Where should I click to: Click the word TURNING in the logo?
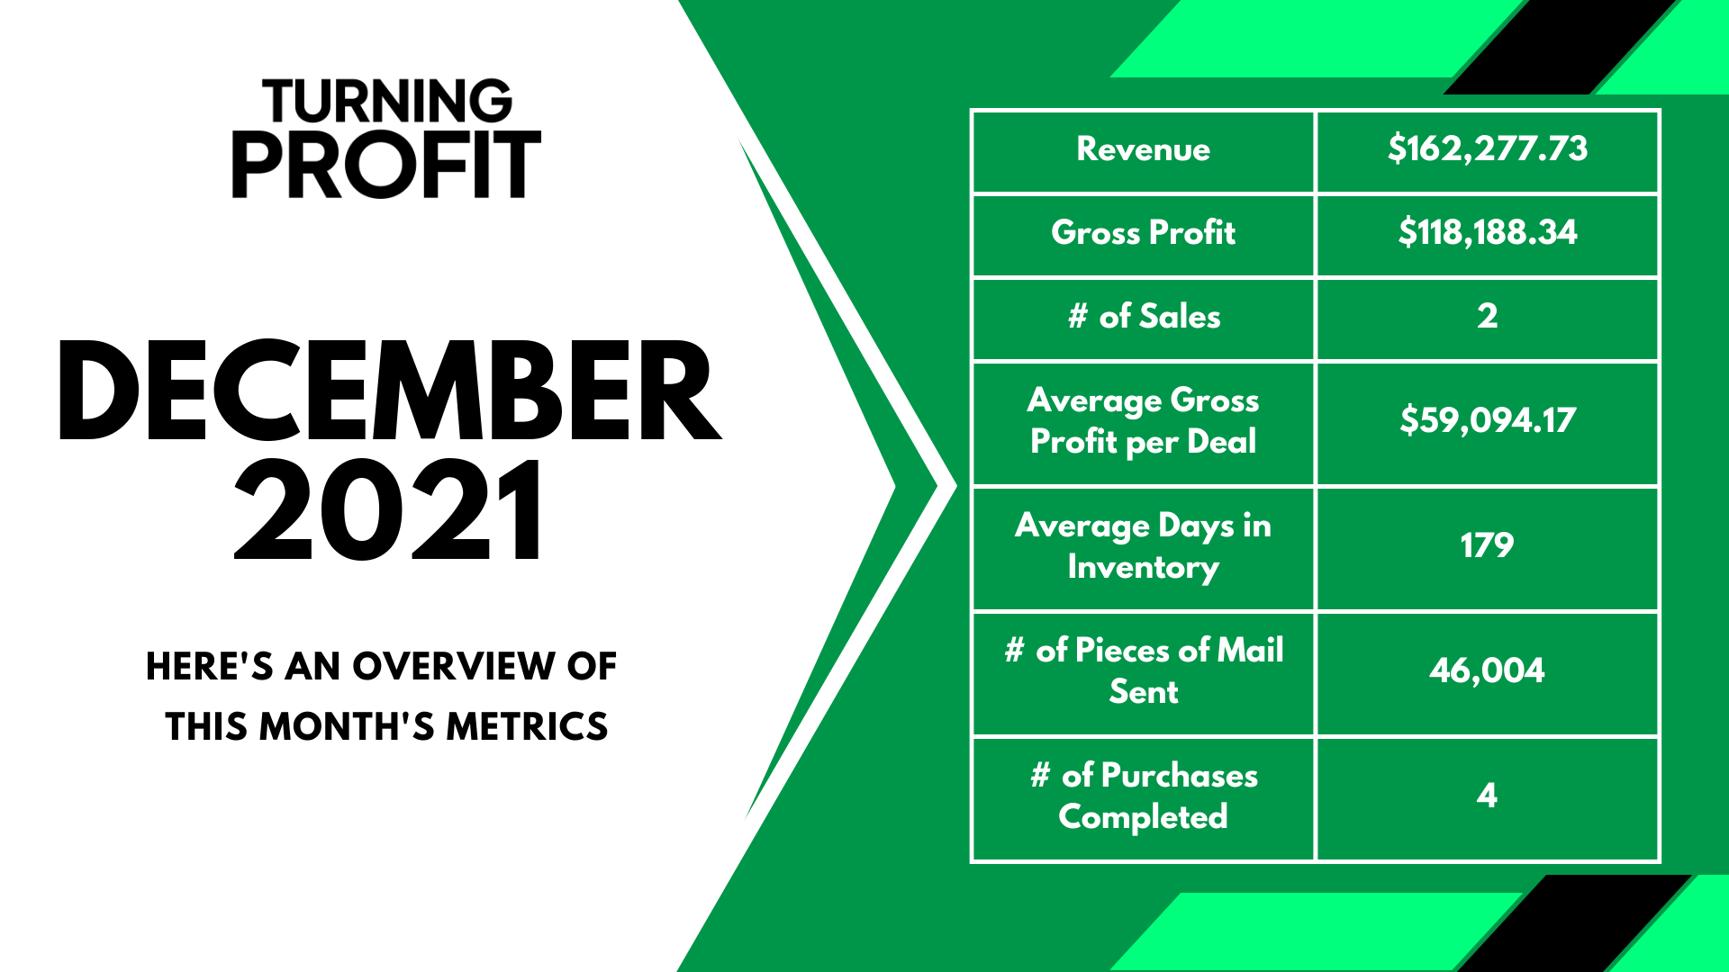(x=387, y=101)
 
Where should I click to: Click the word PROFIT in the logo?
(x=386, y=165)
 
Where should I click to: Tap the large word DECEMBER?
(x=389, y=391)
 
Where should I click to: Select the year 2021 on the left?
(x=389, y=509)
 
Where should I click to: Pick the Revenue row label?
(x=1144, y=149)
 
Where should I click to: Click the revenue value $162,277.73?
(x=1488, y=148)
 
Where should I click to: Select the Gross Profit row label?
(x=1144, y=232)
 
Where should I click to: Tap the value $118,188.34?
(x=1488, y=232)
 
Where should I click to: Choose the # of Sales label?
(x=1144, y=316)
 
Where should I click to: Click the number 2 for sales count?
(x=1488, y=316)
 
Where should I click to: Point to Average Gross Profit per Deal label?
(x=1144, y=421)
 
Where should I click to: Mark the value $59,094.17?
(x=1488, y=420)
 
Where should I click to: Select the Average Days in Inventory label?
(x=1144, y=546)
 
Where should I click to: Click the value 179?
(x=1488, y=545)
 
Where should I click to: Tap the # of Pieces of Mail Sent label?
(x=1144, y=670)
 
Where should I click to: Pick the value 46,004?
(x=1488, y=670)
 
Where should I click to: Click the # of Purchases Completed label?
(x=1144, y=796)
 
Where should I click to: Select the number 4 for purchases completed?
(x=1488, y=796)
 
